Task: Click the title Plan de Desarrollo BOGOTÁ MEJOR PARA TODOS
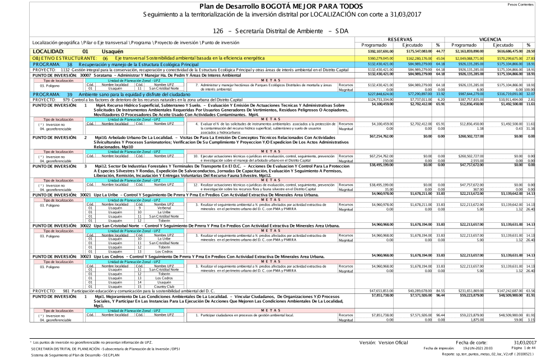pos(279,6)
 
